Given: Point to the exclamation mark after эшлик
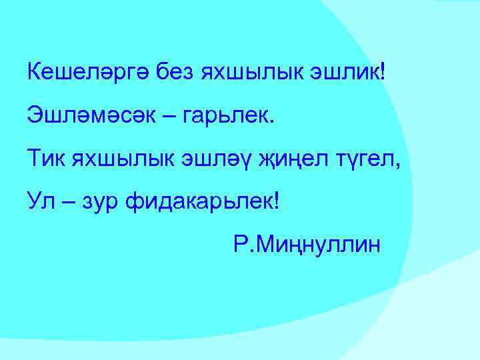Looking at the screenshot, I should click(x=382, y=71).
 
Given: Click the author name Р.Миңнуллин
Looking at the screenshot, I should click(x=307, y=245).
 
